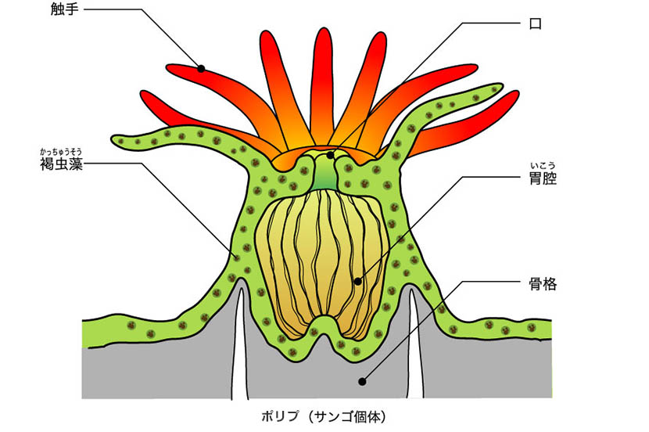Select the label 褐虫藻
coord(62,164)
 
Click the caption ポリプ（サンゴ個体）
coord(324,416)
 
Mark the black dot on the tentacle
coord(201,69)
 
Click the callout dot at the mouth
coord(331,155)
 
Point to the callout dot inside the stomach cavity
coord(357,280)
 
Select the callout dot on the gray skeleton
coord(360,381)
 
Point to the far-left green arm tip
coord(118,140)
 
